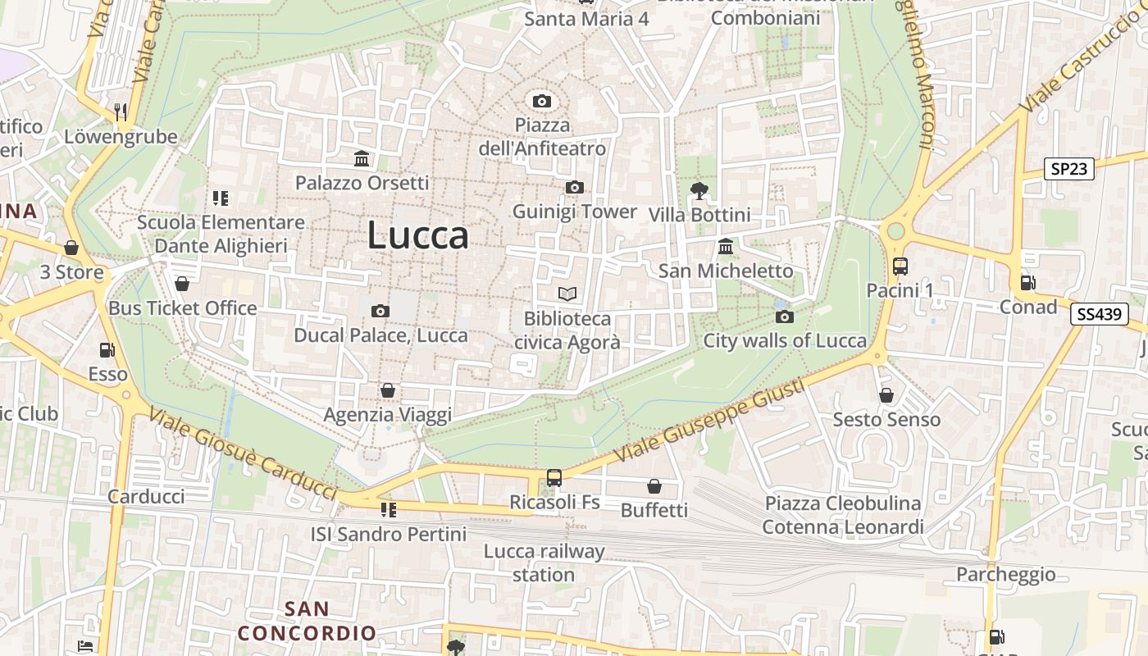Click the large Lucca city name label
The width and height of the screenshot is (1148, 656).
point(418,235)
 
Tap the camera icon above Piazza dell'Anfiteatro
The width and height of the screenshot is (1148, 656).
point(541,102)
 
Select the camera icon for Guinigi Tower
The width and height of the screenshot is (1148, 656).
point(575,188)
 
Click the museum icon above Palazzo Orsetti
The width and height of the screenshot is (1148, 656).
point(362,158)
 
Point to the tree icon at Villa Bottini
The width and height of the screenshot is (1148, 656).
point(699,191)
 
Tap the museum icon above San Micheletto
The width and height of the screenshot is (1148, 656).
point(726,247)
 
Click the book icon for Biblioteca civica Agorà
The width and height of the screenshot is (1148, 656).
point(567,294)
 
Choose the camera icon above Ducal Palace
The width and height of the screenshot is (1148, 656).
point(380,311)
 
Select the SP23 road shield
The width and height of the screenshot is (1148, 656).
point(1070,169)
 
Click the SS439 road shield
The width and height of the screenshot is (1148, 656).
point(1100,313)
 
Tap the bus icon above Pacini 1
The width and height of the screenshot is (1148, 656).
point(900,266)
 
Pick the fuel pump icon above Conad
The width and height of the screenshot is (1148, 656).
point(1027,283)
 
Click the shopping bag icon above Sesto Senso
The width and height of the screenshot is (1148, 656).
point(886,396)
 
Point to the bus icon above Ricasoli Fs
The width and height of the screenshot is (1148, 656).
point(554,478)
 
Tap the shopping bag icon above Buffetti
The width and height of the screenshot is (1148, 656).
point(654,486)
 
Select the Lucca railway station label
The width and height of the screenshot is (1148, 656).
point(544,563)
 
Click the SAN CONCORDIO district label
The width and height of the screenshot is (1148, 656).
point(307,621)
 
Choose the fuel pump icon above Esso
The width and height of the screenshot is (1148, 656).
point(107,350)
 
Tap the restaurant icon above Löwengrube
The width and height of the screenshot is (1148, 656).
point(121,112)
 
